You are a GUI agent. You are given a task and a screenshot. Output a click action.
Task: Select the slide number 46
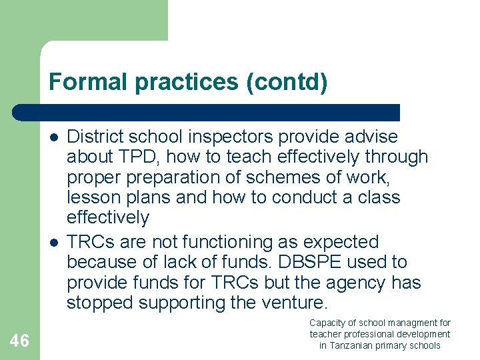pyautogui.click(x=19, y=341)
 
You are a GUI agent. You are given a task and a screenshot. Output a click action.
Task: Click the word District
pyautogui.click(x=94, y=137)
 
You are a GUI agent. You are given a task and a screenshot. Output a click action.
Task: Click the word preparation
pyautogui.click(x=175, y=178)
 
